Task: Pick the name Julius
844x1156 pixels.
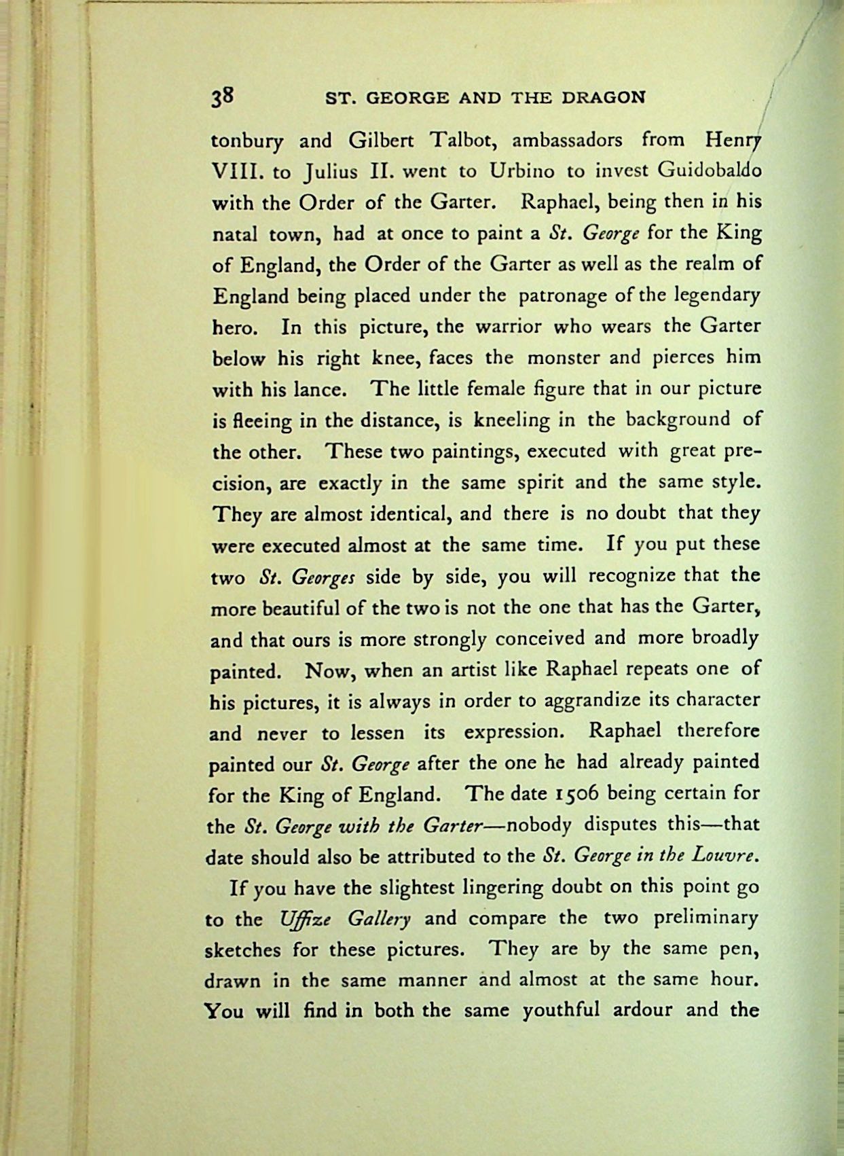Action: (331, 173)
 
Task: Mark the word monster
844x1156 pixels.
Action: (564, 357)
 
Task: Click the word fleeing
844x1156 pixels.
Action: (261, 421)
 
